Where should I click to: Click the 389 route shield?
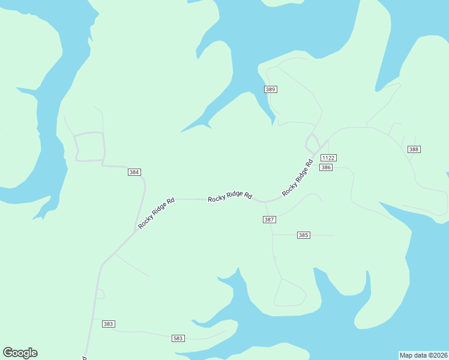point(270,89)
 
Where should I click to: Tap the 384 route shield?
point(134,172)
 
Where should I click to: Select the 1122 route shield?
point(328,158)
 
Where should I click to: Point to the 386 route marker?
point(326,167)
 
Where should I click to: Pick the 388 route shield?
point(414,149)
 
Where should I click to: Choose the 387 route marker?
point(270,220)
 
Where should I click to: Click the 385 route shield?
point(303,235)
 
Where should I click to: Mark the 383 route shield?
point(108,324)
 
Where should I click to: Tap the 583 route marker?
point(178,338)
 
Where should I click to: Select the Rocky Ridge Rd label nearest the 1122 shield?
point(298,177)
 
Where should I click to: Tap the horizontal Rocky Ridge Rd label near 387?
point(230,197)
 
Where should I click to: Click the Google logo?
point(20,353)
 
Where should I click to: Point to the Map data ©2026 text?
point(423,355)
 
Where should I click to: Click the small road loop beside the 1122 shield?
point(312,143)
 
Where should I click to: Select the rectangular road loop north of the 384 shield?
point(89,146)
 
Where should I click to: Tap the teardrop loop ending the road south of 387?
point(290,294)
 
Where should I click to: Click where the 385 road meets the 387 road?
point(273,235)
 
